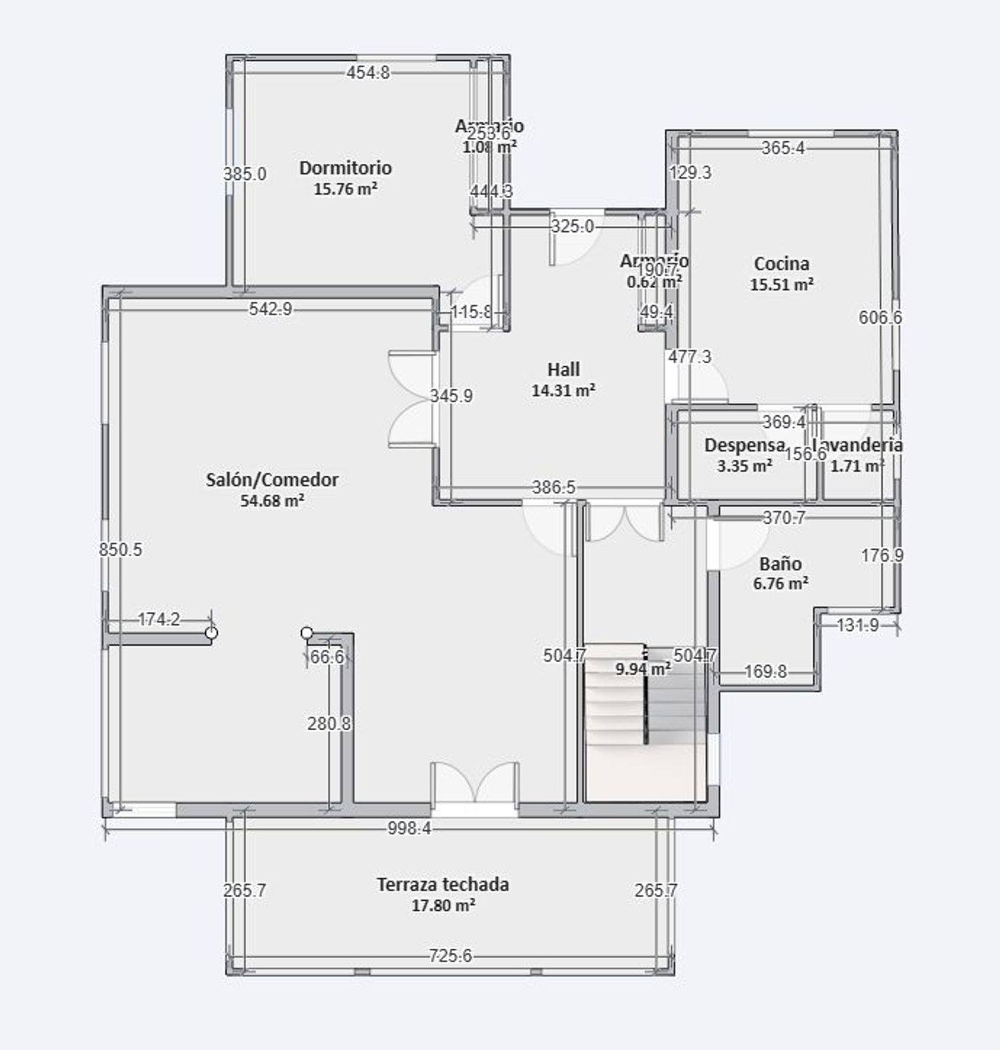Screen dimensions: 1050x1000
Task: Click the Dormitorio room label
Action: pyautogui.click(x=345, y=168)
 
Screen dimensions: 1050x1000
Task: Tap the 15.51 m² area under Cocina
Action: pyautogui.click(x=781, y=284)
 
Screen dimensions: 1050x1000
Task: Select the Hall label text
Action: pyautogui.click(x=563, y=369)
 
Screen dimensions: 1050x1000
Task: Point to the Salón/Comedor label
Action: pyautogui.click(x=272, y=480)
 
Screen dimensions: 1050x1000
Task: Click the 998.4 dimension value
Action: pyautogui.click(x=410, y=828)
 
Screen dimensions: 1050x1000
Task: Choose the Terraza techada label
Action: pyautogui.click(x=443, y=885)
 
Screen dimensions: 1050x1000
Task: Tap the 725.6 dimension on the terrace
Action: pyautogui.click(x=450, y=957)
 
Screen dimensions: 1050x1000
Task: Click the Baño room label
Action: pyautogui.click(x=780, y=564)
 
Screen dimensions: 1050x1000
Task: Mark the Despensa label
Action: pyautogui.click(x=744, y=445)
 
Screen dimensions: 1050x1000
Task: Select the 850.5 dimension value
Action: pyautogui.click(x=121, y=550)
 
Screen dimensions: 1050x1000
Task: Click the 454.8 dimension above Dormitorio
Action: pyautogui.click(x=368, y=73)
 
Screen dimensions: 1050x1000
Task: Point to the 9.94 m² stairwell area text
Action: pyautogui.click(x=643, y=669)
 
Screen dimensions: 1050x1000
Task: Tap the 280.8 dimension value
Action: pyautogui.click(x=329, y=724)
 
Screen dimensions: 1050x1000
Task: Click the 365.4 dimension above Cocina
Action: pyautogui.click(x=783, y=148)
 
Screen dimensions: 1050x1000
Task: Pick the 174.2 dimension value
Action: pyautogui.click(x=159, y=620)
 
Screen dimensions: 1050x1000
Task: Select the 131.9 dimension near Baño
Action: pyautogui.click(x=857, y=625)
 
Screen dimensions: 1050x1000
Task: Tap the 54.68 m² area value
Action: pyautogui.click(x=272, y=500)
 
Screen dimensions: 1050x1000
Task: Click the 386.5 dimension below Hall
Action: pyautogui.click(x=553, y=488)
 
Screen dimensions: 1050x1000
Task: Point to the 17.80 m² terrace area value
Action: pyautogui.click(x=443, y=905)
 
